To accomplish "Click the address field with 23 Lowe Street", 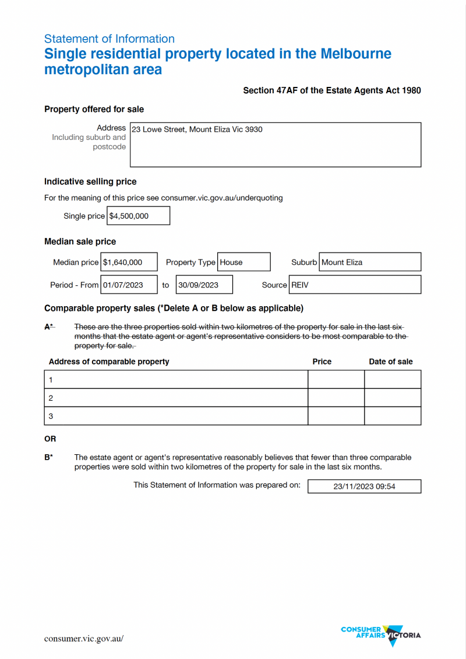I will coord(275,144).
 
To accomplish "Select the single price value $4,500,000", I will coord(138,216).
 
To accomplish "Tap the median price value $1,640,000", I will coord(129,262).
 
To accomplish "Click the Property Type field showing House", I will coord(243,262).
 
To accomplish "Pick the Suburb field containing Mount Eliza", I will coord(370,262).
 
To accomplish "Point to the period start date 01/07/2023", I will coord(129,285).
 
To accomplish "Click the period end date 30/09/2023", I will coord(204,285).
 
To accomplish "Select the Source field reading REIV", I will coord(355,285).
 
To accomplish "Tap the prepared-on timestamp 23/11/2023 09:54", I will coord(364,486).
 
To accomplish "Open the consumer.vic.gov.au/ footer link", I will coord(84,639).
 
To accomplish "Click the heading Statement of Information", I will coord(110,39).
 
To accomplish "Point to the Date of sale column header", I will coord(390,362).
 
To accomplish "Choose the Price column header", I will coord(322,362).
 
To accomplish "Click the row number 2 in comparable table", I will coord(51,398).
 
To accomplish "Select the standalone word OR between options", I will coord(50,439).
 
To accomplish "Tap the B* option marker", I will coord(49,458).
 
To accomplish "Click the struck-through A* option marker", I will coord(49,327).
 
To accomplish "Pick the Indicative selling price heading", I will coord(90,181).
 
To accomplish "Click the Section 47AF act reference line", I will coord(331,90).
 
